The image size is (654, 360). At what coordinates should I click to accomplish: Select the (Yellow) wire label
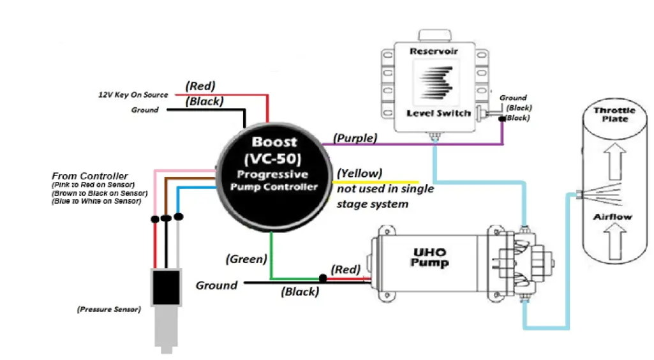(x=360, y=173)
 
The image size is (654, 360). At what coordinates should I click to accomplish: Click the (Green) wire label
(x=246, y=259)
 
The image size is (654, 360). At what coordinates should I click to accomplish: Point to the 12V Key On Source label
(x=133, y=94)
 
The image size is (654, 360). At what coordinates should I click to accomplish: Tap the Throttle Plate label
(x=615, y=114)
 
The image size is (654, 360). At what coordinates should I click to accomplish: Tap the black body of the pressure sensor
(x=165, y=287)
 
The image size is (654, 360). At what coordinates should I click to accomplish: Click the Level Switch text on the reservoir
(x=438, y=113)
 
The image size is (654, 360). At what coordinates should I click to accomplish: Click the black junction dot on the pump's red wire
(x=323, y=278)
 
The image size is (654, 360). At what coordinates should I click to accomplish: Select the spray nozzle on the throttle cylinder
(x=578, y=193)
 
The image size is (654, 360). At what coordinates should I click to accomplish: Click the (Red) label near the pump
(x=345, y=269)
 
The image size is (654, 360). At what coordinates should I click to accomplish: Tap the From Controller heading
(x=89, y=176)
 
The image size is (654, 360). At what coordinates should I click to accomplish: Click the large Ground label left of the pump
(x=216, y=285)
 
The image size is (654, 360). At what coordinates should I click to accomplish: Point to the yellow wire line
(x=376, y=183)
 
